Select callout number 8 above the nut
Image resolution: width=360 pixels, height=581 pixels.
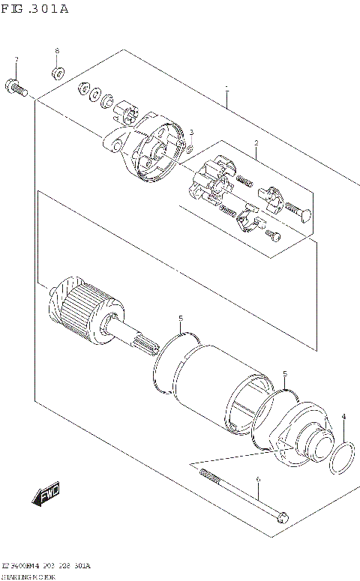[56, 51]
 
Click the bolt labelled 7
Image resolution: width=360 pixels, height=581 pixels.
[16, 88]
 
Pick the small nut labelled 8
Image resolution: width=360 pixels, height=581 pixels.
[57, 73]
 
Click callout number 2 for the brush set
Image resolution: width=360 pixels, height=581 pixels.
[256, 142]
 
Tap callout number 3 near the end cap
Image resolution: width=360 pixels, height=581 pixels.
[191, 133]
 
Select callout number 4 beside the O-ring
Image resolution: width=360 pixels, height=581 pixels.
[343, 417]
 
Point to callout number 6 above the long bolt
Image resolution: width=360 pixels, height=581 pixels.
[257, 480]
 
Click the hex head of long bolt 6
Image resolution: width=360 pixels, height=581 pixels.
[282, 517]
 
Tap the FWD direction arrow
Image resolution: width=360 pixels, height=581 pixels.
[46, 496]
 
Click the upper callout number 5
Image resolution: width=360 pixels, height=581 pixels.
[181, 319]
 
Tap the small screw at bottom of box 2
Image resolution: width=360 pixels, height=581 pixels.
[275, 238]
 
